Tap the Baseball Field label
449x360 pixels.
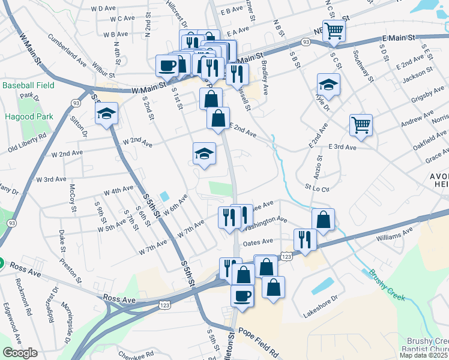click(28, 86)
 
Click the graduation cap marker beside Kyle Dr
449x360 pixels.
click(328, 84)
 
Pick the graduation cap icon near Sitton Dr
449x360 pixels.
click(106, 113)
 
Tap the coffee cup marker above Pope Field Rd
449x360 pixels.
click(242, 295)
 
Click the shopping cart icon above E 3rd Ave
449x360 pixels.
click(361, 125)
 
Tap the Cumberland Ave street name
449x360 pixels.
click(67, 51)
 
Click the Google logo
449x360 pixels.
click(20, 353)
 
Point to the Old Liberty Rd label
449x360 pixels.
click(27, 142)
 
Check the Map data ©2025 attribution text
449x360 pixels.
click(424, 355)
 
